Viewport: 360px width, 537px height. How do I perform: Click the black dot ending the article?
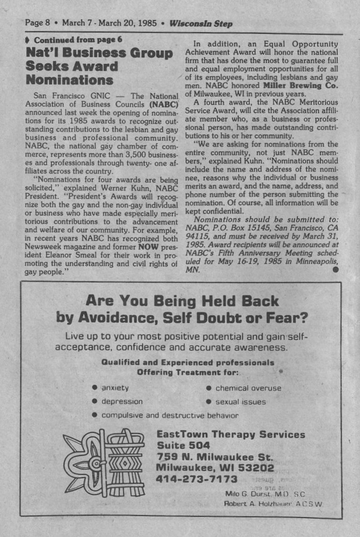336,269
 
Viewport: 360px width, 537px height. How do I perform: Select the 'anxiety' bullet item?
115,388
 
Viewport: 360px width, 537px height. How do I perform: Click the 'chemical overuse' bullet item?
248,388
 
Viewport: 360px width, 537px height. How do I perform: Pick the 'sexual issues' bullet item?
240,402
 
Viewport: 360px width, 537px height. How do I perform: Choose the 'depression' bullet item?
122,402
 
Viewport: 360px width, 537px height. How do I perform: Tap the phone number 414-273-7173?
197,479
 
